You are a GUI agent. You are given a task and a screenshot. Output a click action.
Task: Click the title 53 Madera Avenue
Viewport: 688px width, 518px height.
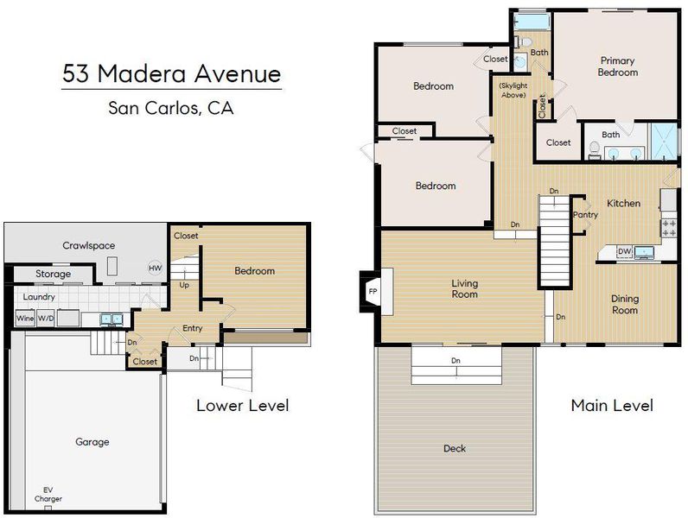pyautogui.click(x=171, y=73)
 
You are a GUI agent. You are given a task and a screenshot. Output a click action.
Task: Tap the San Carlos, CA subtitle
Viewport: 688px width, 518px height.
pyautogui.click(x=170, y=108)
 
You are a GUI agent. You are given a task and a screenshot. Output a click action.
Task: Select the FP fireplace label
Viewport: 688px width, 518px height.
pyautogui.click(x=373, y=292)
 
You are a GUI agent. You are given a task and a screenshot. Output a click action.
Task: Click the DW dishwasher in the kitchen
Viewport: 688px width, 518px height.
pyautogui.click(x=624, y=251)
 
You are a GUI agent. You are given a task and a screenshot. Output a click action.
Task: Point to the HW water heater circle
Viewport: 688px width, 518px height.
pyautogui.click(x=156, y=268)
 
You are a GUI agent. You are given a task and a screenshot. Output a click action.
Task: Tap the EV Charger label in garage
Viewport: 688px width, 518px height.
pyautogui.click(x=48, y=495)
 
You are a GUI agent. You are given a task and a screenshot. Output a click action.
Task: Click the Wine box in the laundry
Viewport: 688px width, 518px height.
pyautogui.click(x=25, y=319)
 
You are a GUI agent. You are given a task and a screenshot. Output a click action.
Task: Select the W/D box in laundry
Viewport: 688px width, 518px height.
pyautogui.click(x=46, y=319)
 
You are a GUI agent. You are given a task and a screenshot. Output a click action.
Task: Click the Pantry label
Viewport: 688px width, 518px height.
pyautogui.click(x=585, y=215)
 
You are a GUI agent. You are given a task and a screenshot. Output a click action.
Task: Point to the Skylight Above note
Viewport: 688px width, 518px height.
pyautogui.click(x=513, y=91)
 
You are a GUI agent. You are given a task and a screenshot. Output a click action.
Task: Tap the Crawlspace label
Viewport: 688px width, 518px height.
pyautogui.click(x=89, y=245)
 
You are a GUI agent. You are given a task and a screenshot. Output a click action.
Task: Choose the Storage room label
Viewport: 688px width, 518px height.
pyautogui.click(x=53, y=274)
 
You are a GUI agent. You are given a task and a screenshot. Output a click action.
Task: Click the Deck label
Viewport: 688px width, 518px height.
pyautogui.click(x=455, y=448)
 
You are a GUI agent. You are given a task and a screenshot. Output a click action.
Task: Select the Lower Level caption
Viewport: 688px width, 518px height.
pyautogui.click(x=243, y=406)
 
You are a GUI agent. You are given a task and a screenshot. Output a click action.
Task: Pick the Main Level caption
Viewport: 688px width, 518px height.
pyautogui.click(x=612, y=406)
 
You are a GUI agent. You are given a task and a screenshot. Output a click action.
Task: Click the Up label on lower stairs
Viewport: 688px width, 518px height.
pyautogui.click(x=184, y=285)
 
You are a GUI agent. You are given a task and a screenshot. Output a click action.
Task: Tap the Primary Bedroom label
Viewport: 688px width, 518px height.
pyautogui.click(x=618, y=66)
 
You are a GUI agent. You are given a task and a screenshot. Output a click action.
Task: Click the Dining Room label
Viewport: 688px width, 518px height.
pyautogui.click(x=625, y=305)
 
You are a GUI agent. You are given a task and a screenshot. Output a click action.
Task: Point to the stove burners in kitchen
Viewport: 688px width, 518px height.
pyautogui.click(x=669, y=228)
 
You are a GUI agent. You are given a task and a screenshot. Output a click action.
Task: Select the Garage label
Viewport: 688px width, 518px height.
pyautogui.click(x=92, y=442)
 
